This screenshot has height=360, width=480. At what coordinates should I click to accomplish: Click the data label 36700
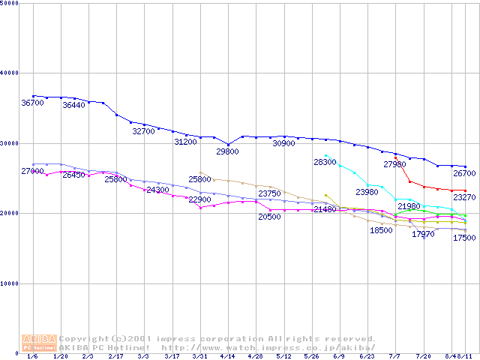tap(33, 103)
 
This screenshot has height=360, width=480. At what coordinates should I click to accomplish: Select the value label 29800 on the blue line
tap(227, 151)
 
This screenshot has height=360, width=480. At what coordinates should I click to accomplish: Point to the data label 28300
tap(325, 162)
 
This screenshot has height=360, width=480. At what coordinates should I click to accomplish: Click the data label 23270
tap(464, 198)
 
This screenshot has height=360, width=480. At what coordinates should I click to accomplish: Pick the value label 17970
tap(423, 234)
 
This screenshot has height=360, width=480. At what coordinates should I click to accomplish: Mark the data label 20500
tap(269, 217)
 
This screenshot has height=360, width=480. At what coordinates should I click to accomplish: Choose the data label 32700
tap(143, 131)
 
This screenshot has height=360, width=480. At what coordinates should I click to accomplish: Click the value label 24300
tap(157, 190)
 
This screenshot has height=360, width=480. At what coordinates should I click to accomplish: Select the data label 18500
tap(381, 230)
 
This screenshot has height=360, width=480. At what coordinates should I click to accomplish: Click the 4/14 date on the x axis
tap(227, 356)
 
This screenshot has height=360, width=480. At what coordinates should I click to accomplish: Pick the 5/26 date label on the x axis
tap(310, 356)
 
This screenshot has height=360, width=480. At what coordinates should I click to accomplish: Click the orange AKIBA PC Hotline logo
tap(40, 343)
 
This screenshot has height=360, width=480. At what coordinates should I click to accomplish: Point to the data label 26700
tap(464, 174)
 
